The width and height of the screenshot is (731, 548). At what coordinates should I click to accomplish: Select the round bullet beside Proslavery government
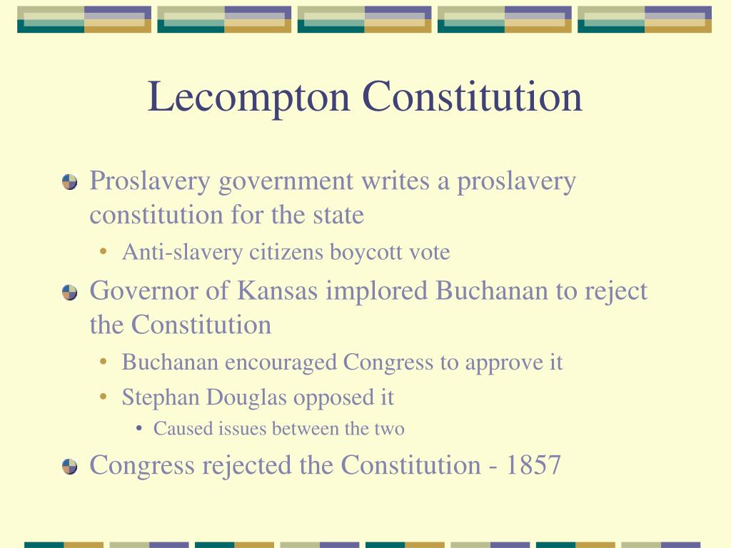click(69, 182)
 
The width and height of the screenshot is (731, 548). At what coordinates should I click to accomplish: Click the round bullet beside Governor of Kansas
click(69, 292)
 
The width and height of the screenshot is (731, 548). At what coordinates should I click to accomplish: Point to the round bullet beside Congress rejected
click(69, 466)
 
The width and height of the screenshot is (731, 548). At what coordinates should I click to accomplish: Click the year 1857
click(534, 465)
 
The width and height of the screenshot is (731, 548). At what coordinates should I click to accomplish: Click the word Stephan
click(153, 397)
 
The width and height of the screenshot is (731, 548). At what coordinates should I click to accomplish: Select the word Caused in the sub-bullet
click(176, 429)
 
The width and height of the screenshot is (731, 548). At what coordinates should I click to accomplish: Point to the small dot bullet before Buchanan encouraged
click(105, 362)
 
